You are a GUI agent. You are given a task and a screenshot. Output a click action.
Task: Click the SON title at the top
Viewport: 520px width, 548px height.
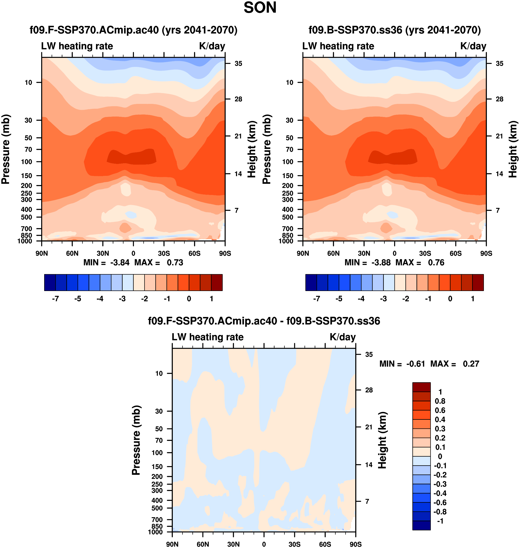click(260, 8)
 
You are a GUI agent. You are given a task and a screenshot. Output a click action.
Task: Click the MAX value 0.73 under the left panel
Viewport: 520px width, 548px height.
click(175, 263)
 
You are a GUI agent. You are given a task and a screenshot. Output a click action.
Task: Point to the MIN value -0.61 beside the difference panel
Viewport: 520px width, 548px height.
click(416, 364)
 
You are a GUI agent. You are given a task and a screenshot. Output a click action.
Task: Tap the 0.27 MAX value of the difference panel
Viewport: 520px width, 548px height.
click(471, 364)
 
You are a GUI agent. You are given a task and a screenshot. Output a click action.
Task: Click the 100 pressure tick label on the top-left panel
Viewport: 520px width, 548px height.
click(27, 162)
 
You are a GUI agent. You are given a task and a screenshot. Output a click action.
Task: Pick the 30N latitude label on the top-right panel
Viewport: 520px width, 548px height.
click(364, 253)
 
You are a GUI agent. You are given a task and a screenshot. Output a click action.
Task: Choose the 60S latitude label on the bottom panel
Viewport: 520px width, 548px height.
click(325, 544)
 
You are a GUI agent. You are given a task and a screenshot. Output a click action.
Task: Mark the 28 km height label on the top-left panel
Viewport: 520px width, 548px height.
click(238, 99)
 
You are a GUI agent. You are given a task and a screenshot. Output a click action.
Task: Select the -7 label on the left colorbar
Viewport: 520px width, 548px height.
click(55, 299)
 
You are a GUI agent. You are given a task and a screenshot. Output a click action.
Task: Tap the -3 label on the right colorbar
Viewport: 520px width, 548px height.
click(383, 299)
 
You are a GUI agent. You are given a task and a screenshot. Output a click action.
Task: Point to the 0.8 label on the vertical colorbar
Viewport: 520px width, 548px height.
click(440, 401)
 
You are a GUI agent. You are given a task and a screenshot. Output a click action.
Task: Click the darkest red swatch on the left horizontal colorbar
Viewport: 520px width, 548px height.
click(217, 283)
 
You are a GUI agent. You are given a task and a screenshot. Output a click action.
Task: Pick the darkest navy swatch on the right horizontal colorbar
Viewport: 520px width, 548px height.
click(311, 283)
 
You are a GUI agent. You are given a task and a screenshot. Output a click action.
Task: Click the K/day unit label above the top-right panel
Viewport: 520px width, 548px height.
click(473, 46)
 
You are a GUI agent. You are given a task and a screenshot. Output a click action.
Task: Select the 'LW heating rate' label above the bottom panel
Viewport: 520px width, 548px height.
click(208, 337)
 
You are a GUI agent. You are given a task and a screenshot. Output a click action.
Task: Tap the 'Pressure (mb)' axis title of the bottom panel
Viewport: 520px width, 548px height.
click(136, 440)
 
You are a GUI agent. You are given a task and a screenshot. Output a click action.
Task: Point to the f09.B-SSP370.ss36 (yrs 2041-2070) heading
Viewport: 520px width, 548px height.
click(395, 30)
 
